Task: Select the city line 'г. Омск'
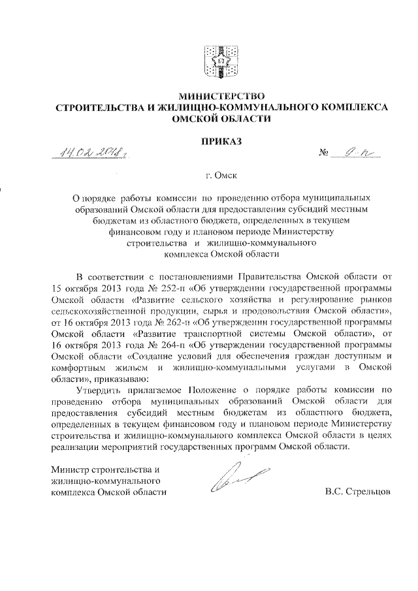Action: coord(210,176)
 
